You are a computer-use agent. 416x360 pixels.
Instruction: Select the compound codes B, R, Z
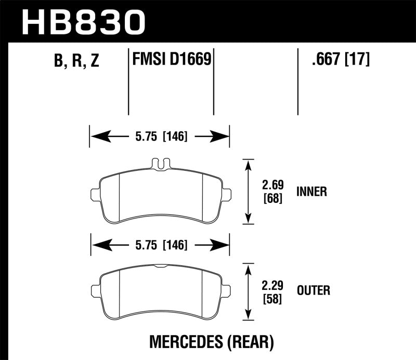(x=76, y=61)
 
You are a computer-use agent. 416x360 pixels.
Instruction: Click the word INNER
(x=311, y=192)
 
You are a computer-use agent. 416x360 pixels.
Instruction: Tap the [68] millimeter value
(x=272, y=198)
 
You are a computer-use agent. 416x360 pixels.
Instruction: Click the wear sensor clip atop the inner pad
(x=161, y=164)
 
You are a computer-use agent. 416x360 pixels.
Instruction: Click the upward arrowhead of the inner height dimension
(x=249, y=163)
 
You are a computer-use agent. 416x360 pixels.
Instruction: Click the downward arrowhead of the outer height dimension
(x=249, y=316)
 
